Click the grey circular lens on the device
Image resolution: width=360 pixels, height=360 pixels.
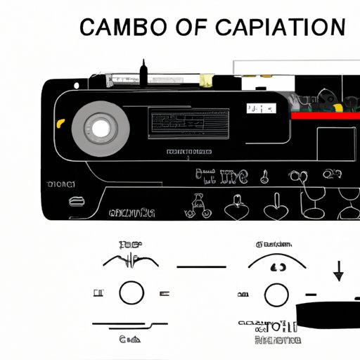tap(101, 127)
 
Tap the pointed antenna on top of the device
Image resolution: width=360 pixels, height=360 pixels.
tap(143, 71)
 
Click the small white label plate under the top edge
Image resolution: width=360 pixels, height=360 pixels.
tap(260, 109)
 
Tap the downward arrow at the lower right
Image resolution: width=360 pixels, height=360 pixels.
tap(339, 270)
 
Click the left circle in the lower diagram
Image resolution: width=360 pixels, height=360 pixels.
tap(131, 292)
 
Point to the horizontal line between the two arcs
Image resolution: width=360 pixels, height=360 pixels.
tap(201, 266)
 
